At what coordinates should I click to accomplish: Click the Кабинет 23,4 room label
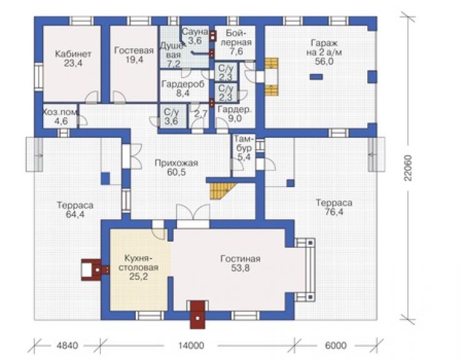point(73,58)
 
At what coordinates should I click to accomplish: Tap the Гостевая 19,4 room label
point(134,54)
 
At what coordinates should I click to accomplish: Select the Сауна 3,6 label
point(195,36)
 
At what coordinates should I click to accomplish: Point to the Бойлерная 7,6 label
point(237,42)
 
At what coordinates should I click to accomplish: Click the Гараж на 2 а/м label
point(324,52)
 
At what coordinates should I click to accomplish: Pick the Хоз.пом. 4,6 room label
point(61,116)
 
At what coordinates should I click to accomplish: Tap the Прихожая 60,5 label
point(176,167)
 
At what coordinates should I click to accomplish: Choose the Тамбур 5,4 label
point(243,148)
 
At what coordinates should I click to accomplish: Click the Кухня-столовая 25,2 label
point(138,267)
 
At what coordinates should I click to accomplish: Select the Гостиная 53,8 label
point(240,264)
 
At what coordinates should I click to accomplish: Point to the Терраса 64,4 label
point(75,210)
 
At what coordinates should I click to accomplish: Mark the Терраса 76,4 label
point(334,207)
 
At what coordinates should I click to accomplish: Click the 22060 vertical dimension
point(408,168)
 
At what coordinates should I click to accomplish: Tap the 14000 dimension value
point(191,345)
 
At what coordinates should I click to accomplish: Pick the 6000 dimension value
point(335,345)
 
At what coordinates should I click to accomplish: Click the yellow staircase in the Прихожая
point(222,190)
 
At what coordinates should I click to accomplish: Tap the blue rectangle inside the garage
point(316,77)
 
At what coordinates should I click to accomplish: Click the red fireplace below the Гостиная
point(198,314)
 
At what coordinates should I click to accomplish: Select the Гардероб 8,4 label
point(183,89)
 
